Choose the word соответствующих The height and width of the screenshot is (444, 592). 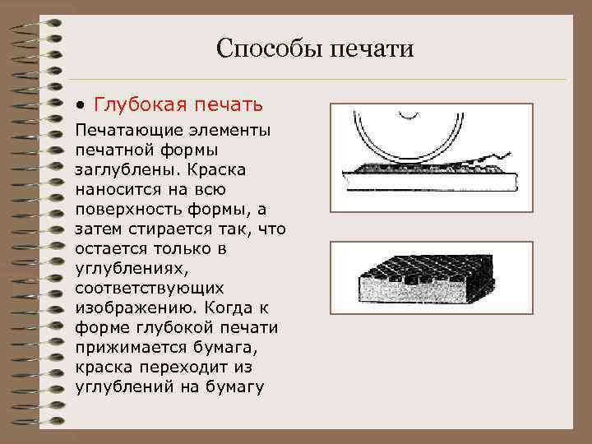tap(149, 288)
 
